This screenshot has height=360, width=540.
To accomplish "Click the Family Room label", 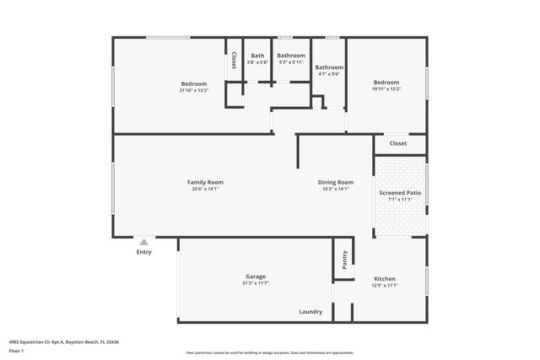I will pos(205,182).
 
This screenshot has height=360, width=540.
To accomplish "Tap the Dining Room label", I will pos(335,182).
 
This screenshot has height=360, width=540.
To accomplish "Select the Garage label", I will pos(256,277).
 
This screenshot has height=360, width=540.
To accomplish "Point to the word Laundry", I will pos(310,312).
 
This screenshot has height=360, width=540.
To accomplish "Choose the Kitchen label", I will pos(384,279).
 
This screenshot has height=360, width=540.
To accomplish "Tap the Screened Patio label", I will pos(400,193).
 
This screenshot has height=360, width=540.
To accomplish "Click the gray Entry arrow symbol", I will pos(143,242).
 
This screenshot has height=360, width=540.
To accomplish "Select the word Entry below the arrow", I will pos(144,252).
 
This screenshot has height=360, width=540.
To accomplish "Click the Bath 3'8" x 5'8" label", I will pos(257,56).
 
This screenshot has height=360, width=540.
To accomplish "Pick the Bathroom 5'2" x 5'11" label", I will pos(291,56).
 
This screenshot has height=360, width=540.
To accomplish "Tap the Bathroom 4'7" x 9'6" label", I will pos(329,67).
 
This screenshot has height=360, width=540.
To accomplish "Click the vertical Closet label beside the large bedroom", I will pos(234,61).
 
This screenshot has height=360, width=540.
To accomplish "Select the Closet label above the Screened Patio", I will pos(397,143).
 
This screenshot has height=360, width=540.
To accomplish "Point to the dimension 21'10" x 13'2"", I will pos(193,90).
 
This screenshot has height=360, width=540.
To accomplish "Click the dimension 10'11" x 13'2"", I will pos(386,89).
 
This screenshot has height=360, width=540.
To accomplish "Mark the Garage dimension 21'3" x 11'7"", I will pos(256,283).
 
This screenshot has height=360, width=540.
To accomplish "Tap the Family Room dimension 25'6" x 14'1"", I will pos(205,189).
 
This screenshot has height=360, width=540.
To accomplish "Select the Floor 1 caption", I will pos(17,350).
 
